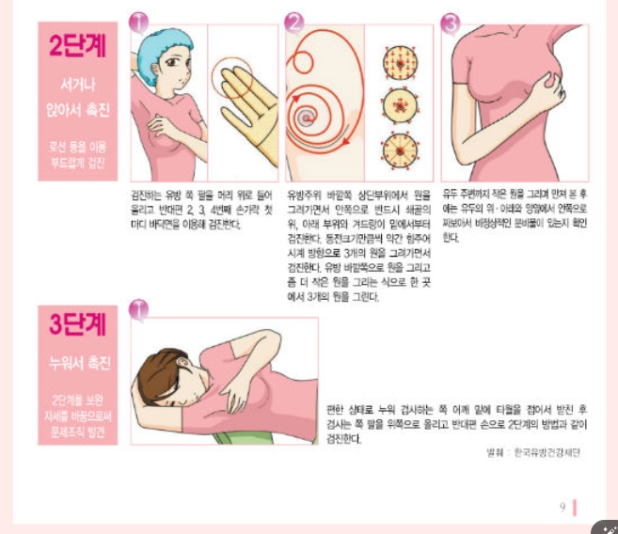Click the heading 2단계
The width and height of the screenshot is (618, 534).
coord(78,47)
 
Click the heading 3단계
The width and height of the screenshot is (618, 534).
coord(78,324)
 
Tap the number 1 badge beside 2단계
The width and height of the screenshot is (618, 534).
coord(138,22)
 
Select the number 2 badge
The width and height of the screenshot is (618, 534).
coord(295,22)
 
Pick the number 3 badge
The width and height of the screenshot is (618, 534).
coord(450,22)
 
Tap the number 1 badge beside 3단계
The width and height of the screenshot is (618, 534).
coord(138,307)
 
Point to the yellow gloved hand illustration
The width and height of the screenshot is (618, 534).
coord(246,103)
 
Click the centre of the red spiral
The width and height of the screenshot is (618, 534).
coord(306,119)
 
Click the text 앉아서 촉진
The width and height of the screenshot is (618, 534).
coord(78,111)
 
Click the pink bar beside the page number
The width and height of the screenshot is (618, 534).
coord(575,507)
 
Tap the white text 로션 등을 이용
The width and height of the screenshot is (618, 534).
coord(78,146)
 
